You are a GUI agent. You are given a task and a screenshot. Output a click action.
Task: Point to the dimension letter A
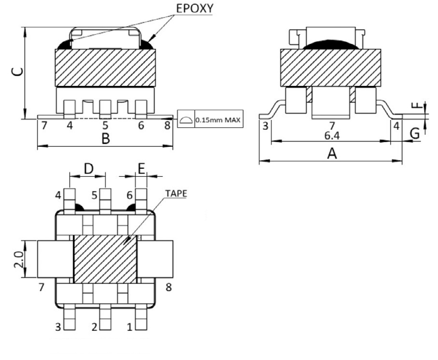pyautogui.click(x=332, y=154)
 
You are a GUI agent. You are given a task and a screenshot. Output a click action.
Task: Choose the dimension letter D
pyautogui.click(x=88, y=169)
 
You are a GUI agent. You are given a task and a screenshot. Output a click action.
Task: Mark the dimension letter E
pyautogui.click(x=141, y=169)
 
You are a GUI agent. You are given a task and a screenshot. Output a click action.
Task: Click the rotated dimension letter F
pyautogui.click(x=415, y=106)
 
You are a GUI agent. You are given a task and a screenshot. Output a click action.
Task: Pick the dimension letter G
pyautogui.click(x=415, y=132)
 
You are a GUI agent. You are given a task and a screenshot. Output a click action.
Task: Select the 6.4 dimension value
pyautogui.click(x=332, y=136)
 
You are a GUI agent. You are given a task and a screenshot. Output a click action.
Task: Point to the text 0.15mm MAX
pyautogui.click(x=218, y=120)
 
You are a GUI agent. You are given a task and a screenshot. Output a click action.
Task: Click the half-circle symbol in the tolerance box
pyautogui.click(x=185, y=120)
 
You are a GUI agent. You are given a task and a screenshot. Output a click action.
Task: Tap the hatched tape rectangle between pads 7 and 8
pyautogui.click(x=104, y=260)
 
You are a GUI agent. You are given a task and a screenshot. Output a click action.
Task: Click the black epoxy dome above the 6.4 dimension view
pyautogui.click(x=332, y=44)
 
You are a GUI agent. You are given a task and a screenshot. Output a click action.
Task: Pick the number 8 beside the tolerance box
pyautogui.click(x=168, y=126)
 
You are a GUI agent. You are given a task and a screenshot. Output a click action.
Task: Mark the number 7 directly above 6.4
pyautogui.click(x=332, y=126)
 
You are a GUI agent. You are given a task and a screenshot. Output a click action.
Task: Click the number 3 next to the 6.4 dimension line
pyautogui.click(x=265, y=126)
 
